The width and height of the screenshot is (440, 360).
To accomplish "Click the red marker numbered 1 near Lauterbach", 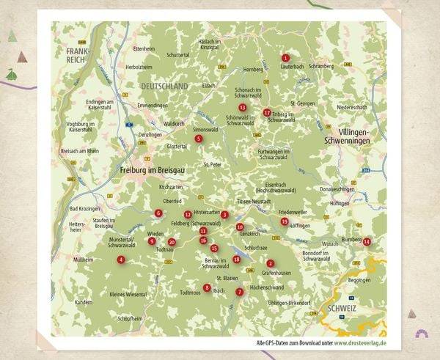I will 285,58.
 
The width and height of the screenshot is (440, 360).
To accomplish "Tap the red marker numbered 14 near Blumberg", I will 367,242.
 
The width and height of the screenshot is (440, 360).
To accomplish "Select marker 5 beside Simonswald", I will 198,138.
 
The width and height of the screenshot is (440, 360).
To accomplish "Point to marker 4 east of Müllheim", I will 121,260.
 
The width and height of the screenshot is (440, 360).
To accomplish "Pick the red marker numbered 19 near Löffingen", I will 285,221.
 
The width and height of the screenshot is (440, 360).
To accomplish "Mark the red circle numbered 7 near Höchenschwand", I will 239,291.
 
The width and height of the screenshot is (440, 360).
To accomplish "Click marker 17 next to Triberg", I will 266,113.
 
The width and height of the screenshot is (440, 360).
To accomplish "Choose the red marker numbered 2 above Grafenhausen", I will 270,263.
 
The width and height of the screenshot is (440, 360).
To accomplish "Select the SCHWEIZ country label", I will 342,309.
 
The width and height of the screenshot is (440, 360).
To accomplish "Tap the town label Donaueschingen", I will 337,189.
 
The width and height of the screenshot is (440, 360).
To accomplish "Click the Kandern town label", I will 84,301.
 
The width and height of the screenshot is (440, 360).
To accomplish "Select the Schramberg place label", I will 320,65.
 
